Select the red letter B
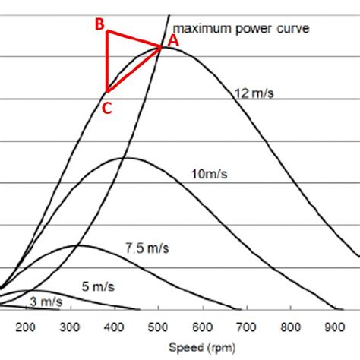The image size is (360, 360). (99, 24)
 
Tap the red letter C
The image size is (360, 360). (106, 109)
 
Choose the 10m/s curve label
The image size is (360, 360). (209, 174)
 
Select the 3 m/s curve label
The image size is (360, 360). (46, 302)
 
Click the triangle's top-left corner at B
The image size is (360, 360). (108, 31)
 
